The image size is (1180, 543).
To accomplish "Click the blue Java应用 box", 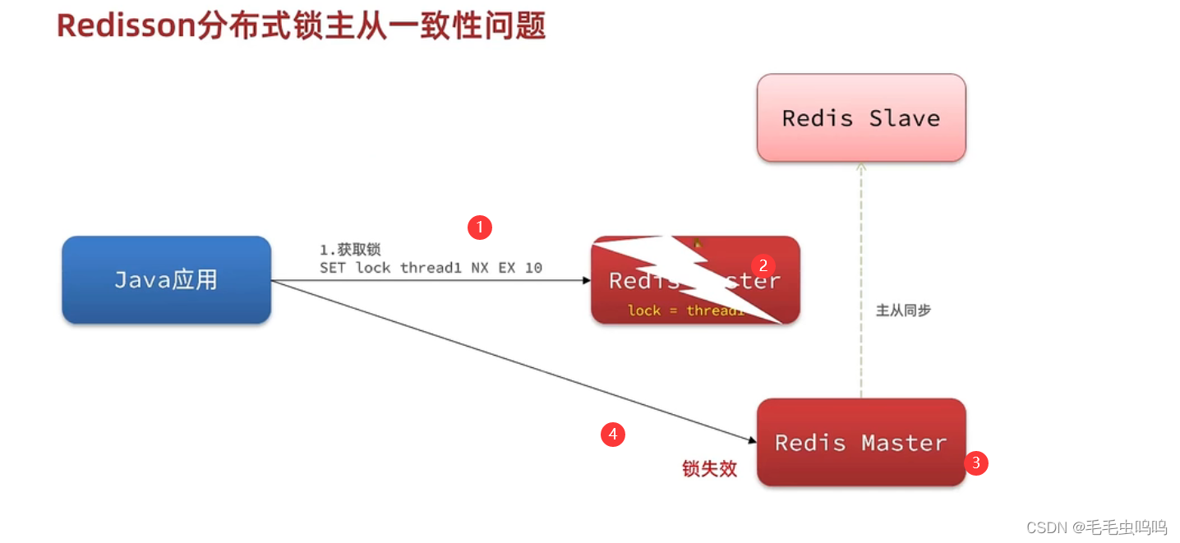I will coord(166,279).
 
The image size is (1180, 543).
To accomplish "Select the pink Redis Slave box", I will coord(860,117).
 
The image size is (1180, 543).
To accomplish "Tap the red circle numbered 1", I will coord(480,228).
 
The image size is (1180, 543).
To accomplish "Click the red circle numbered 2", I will coord(763,265).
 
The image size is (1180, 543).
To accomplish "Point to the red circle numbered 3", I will coord(976,462).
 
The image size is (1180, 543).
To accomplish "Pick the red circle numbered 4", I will coord(613,434).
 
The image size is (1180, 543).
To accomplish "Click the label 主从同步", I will coord(903,311).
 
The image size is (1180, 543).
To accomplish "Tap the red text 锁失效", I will coord(709,469).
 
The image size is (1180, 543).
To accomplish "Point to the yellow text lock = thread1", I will coord(686,310).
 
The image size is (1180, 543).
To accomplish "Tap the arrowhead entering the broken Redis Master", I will coord(587,280).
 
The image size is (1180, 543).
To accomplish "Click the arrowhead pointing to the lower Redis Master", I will coord(752,441).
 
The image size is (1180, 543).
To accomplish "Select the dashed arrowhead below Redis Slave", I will coord(860,167).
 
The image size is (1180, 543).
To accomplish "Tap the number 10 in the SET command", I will coord(533,268).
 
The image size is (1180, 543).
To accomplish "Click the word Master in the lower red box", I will coord(904,443).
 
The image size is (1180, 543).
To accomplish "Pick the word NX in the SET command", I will coord(480,268).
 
